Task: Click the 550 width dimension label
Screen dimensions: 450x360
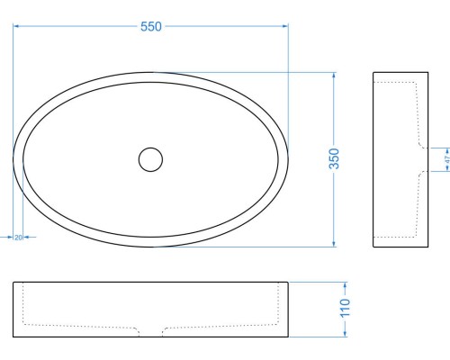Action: pos(151,27)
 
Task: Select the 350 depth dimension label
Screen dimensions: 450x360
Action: pos(334,158)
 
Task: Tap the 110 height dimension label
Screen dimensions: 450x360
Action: pos(345,308)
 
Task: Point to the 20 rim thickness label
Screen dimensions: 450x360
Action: pos(18,238)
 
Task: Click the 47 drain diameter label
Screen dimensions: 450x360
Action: pos(447,159)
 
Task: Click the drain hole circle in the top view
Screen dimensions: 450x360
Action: pos(150,148)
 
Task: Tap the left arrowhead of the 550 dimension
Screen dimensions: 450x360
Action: pos(16,26)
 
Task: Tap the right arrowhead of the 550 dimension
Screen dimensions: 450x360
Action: pos(285,26)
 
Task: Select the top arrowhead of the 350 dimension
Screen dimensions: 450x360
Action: pos(334,76)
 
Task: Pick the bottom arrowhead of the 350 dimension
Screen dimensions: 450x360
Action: pos(334,244)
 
